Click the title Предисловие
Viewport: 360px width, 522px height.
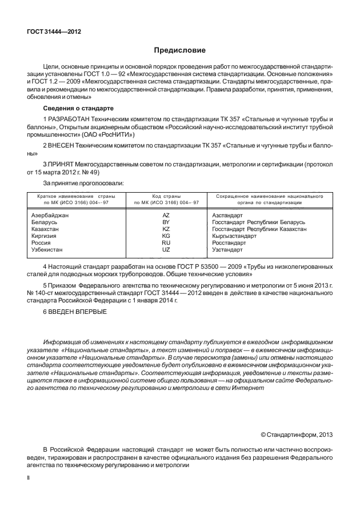tap(179, 51)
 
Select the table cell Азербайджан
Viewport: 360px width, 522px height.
tap(49, 215)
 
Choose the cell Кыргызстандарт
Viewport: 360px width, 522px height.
tap(235, 236)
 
